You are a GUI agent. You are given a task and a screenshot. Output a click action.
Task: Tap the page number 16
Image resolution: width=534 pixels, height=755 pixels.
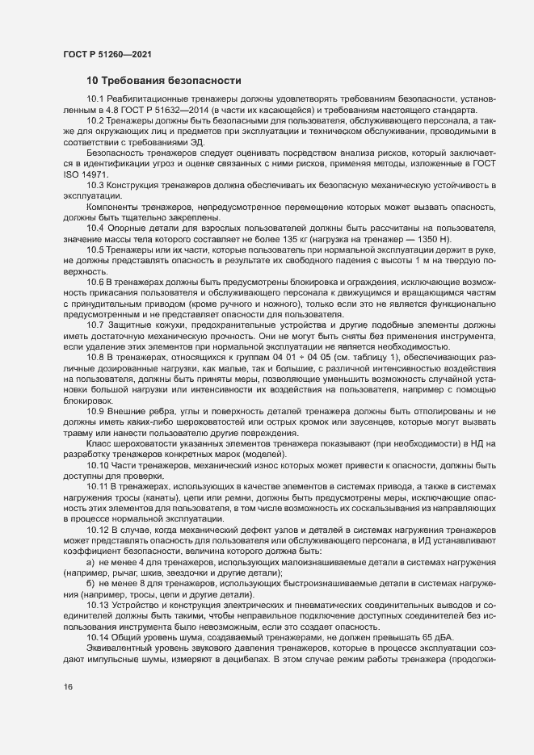pos(67,686)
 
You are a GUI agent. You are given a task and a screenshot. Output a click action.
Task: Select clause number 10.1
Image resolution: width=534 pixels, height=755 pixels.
pos(95,99)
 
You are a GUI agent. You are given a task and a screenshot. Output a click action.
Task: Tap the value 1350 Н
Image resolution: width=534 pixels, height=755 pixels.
pos(435,241)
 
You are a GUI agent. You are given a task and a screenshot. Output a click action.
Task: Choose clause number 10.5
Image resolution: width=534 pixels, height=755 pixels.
pos(95,251)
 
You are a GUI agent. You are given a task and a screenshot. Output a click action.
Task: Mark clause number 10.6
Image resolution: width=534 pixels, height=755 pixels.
pos(95,282)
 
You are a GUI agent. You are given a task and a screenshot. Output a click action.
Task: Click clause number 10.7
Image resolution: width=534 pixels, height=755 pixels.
pos(95,325)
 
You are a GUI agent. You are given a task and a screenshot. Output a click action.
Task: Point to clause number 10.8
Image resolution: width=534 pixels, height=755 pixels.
pos(95,356)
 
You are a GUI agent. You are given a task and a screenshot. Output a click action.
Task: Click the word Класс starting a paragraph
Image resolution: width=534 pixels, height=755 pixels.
pos(99,443)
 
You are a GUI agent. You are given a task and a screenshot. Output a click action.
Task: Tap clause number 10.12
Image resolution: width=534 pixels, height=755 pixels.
pos(98,528)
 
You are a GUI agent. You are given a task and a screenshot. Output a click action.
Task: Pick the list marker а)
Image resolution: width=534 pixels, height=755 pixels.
pos(90,560)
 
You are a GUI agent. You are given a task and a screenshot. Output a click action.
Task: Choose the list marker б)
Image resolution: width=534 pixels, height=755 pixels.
pos(90,582)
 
